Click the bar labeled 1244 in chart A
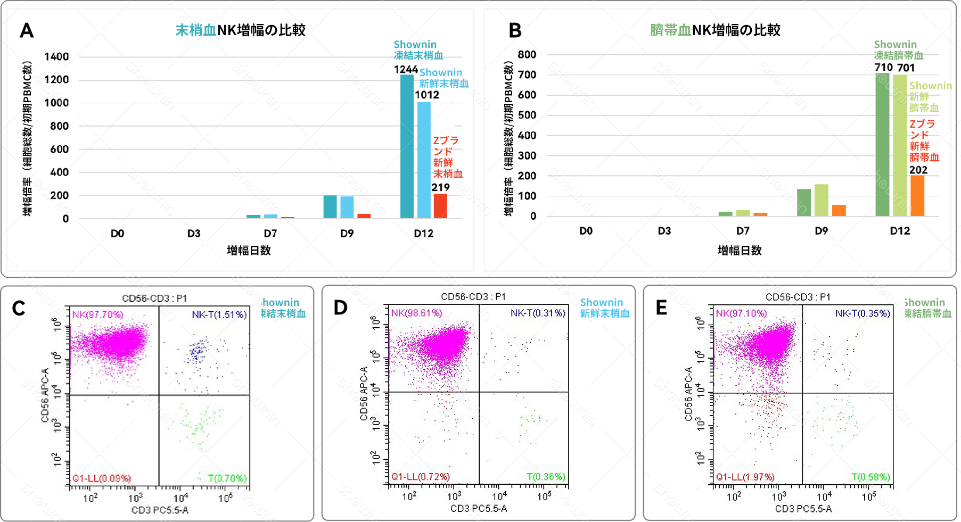click(407, 146)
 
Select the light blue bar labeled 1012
click(424, 160)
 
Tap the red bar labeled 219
click(440, 206)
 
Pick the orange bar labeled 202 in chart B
click(917, 195)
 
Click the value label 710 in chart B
click(883, 68)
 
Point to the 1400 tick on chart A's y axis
click(56, 57)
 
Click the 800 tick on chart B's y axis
click(527, 55)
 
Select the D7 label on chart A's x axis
click(270, 234)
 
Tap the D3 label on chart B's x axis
click(664, 231)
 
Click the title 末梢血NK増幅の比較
click(241, 30)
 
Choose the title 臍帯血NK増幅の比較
click(715, 30)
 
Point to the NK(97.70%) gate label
click(98, 314)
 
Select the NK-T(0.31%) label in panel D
click(538, 313)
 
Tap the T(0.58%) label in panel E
click(870, 477)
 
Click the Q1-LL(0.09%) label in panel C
click(102, 478)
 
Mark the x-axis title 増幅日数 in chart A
click(249, 251)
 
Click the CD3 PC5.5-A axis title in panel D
click(479, 509)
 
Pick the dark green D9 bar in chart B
click(804, 202)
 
